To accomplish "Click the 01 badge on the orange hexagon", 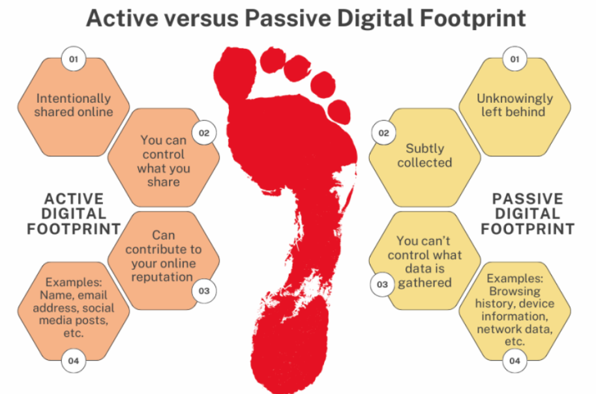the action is (74, 59).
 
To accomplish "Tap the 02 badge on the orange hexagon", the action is (204, 133).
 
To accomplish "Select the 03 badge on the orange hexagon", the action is (204, 290).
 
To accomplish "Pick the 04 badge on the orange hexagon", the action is (74, 361).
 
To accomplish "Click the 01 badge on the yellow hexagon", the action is (514, 59).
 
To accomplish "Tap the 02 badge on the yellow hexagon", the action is (383, 133).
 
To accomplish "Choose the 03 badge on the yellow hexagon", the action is (382, 285).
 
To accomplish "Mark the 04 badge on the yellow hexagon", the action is (514, 361).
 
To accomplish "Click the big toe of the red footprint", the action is (235, 72).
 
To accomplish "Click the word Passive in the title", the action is (288, 18).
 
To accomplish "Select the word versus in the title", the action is (201, 19).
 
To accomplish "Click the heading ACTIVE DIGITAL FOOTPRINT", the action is (74, 214).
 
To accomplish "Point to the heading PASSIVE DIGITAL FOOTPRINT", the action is (528, 214).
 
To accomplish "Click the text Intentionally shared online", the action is (74, 105).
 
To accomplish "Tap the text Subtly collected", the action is (425, 155).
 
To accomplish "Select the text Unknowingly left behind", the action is (514, 105).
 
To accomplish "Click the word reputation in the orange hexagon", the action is (162, 277).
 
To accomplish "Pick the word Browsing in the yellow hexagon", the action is (514, 292).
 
